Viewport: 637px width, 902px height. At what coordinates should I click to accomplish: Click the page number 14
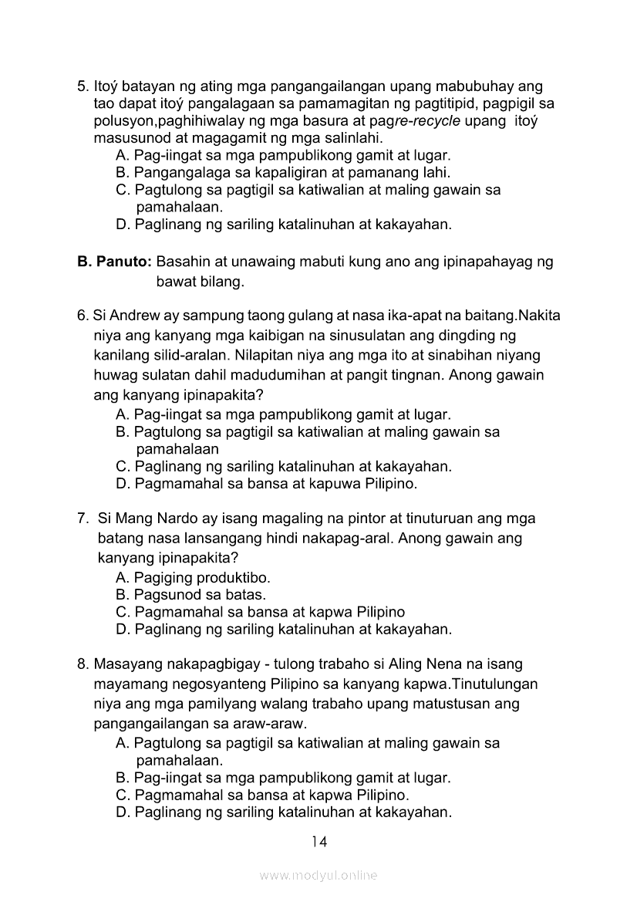pos(319,842)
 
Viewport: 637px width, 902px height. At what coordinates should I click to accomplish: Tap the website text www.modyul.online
pos(318,876)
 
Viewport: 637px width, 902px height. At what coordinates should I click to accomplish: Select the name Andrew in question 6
pos(129,316)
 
